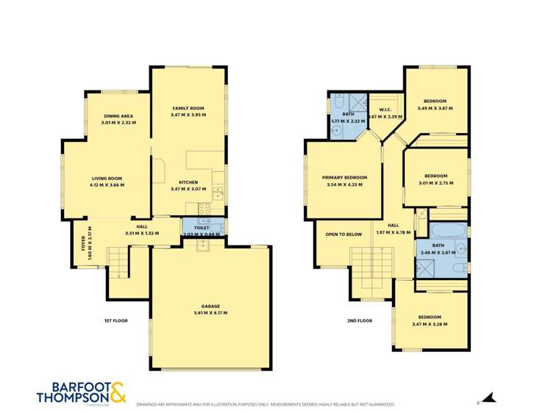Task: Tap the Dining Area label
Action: pos(118,116)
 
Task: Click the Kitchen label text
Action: pos(188,182)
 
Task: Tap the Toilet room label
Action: pos(201,228)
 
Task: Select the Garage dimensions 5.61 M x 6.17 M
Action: pos(211,313)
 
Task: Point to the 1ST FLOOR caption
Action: pos(115,320)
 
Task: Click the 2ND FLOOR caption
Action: pos(360,320)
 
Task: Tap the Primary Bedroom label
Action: pos(344,178)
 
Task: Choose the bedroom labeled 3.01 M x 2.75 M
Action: pos(436,179)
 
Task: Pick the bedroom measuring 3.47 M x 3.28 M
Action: pos(430,320)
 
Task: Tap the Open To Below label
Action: pos(344,234)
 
